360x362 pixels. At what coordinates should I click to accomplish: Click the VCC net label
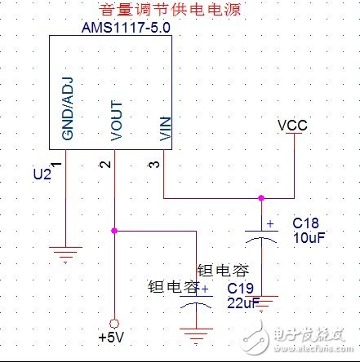pyautogui.click(x=291, y=127)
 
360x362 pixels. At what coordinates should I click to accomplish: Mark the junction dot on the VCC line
pyautogui.click(x=262, y=197)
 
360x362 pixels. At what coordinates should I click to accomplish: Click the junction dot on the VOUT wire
pyautogui.click(x=115, y=231)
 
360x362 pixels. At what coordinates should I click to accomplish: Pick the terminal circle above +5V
pyautogui.click(x=115, y=320)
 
